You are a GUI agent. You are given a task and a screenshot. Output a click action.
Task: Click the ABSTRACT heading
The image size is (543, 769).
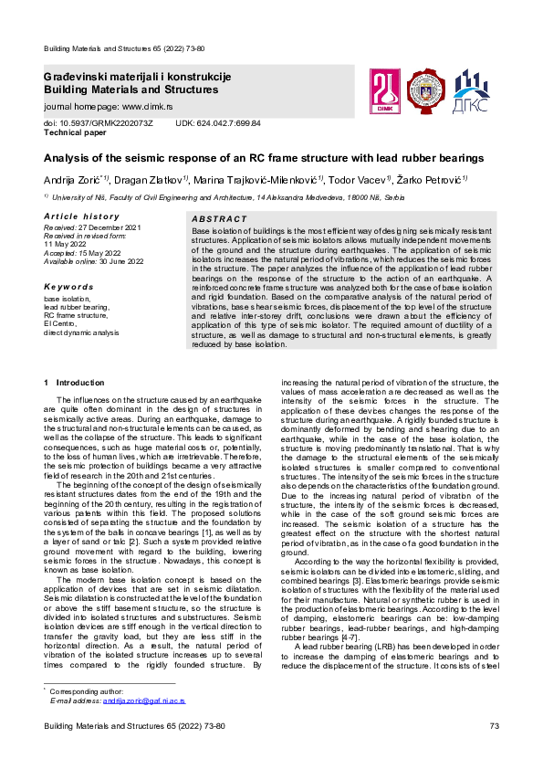pos(219,219)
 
